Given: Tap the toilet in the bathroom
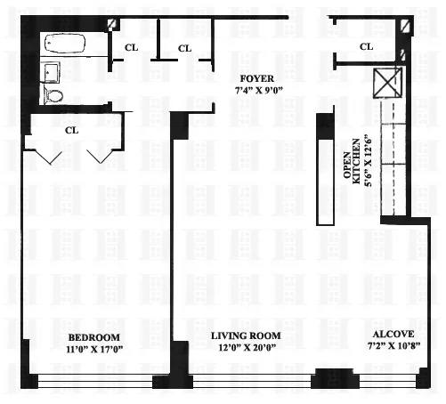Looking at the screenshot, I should (55, 95).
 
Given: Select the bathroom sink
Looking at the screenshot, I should (52, 71).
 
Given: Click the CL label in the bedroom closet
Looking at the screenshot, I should (72, 131).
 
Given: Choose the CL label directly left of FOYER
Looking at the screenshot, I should (185, 48).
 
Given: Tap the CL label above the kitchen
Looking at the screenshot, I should (367, 46).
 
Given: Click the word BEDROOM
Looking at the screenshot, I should (94, 336).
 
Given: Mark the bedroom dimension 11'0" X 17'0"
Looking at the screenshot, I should (94, 349).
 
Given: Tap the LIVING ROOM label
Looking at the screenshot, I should (246, 335).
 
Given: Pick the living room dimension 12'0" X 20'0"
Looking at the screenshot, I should (246, 348).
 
